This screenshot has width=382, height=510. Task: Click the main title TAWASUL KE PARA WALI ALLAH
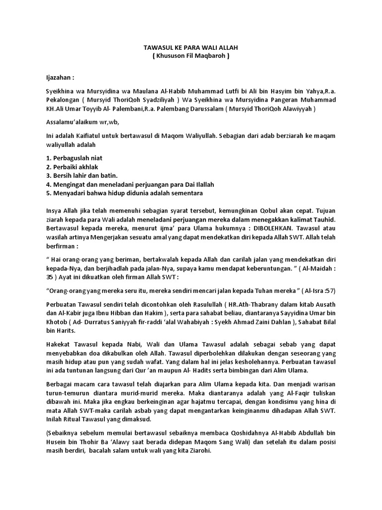(191, 47)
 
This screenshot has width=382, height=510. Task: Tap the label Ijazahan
(60, 78)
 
